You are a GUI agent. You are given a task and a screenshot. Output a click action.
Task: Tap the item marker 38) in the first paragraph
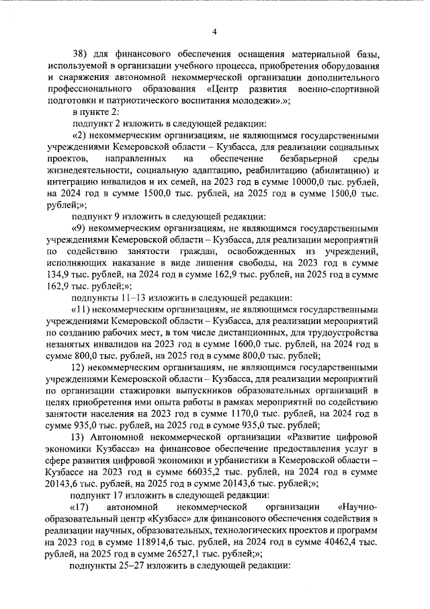click(81, 54)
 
